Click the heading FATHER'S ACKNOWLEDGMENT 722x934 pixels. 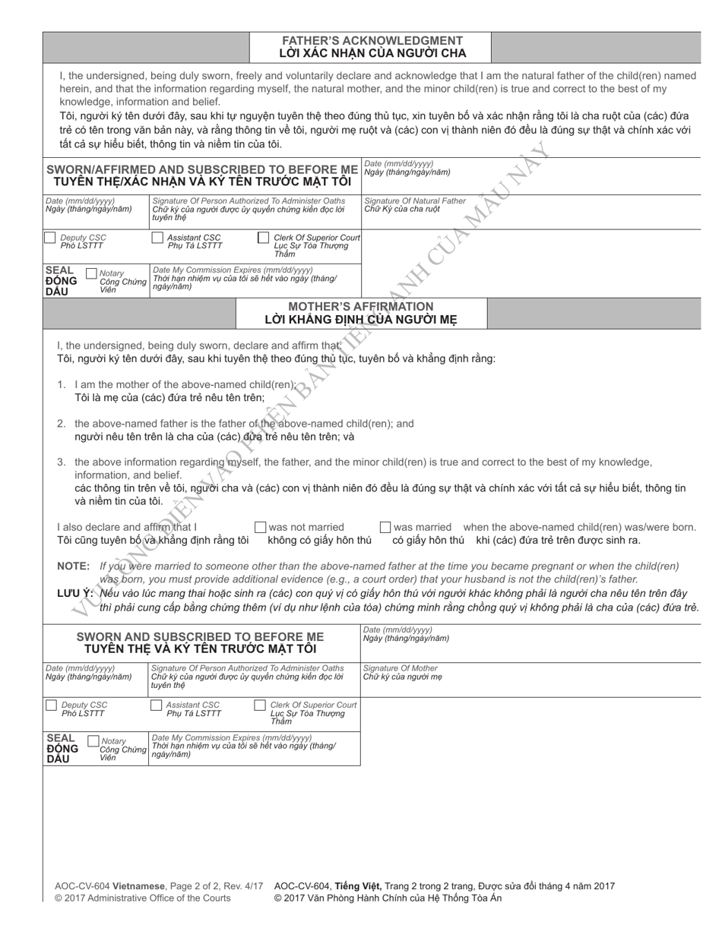[372, 40]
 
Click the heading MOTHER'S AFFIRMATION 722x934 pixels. [361, 306]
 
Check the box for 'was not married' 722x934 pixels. [260, 527]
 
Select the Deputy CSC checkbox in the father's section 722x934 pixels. [50, 238]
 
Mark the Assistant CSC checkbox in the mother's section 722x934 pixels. [157, 705]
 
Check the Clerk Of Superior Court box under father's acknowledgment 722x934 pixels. [263, 238]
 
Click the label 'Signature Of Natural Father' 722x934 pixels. [414, 200]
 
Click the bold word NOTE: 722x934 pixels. [75, 566]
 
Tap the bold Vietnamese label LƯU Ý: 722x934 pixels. [75, 593]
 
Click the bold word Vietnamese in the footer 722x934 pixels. [139, 885]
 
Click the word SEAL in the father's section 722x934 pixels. [60, 269]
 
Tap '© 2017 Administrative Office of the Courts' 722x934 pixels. [142, 898]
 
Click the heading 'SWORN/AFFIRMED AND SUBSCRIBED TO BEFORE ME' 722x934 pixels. [202, 169]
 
